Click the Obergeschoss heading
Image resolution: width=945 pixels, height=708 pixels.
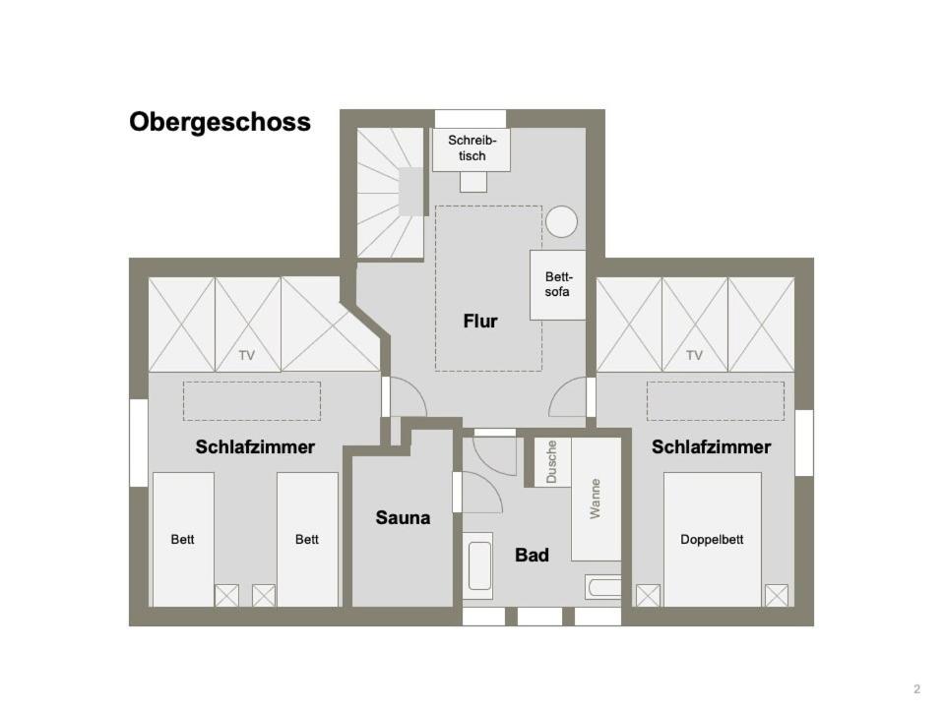[x=220, y=122]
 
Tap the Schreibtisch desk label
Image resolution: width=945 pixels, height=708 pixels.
[x=472, y=148]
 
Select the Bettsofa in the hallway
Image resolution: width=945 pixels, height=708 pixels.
[x=557, y=285]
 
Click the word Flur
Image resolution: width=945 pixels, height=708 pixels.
[x=480, y=321]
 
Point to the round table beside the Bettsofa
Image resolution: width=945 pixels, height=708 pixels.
[x=562, y=221]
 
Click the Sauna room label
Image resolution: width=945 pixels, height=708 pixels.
[x=403, y=518]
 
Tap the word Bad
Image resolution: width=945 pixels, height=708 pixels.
[x=532, y=555]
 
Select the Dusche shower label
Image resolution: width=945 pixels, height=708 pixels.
[x=551, y=462]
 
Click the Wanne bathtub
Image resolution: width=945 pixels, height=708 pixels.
[x=597, y=500]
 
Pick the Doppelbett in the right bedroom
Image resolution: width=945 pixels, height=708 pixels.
[x=713, y=540]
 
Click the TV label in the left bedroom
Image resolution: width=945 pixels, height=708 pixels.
[x=246, y=356]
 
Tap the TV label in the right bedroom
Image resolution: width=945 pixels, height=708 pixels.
[x=694, y=356]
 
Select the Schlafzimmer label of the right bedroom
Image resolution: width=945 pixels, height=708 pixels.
[x=711, y=447]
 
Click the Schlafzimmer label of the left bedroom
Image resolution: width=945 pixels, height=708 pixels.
[x=255, y=447]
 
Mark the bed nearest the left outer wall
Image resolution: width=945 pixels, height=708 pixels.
[x=183, y=540]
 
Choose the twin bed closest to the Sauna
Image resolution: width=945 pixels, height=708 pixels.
[x=307, y=540]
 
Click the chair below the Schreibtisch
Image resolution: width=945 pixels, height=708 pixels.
[x=473, y=182]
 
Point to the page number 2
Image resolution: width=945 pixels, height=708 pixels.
[x=917, y=689]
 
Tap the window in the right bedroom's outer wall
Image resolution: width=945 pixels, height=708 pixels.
[x=804, y=442]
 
